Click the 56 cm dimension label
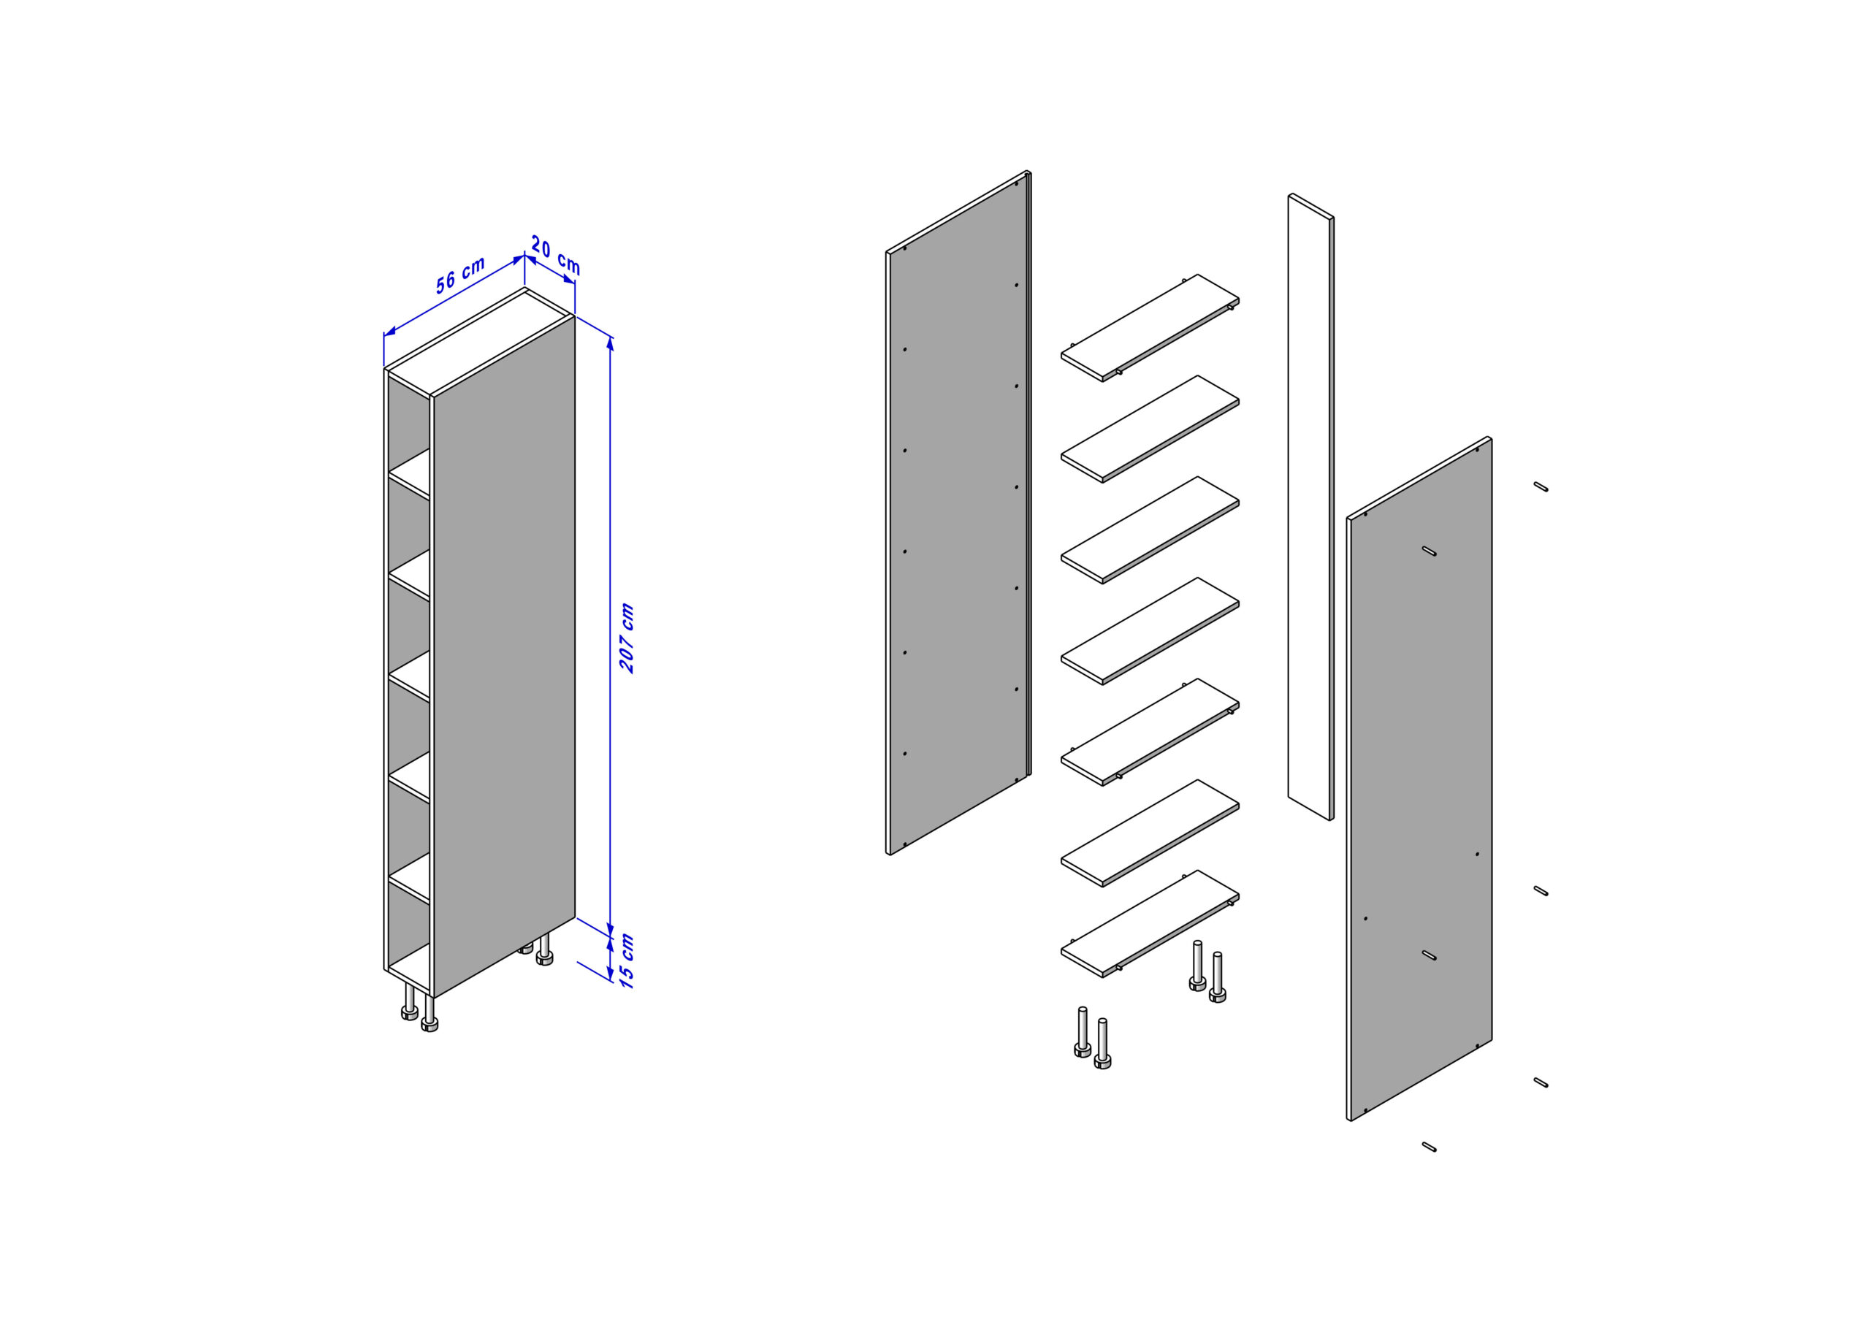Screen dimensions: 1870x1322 click(x=460, y=275)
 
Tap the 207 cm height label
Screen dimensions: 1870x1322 click(x=626, y=638)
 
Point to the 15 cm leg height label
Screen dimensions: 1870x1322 click(x=626, y=961)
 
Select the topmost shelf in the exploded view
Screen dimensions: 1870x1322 click(x=1150, y=327)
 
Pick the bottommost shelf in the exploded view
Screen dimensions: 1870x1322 click(x=1150, y=924)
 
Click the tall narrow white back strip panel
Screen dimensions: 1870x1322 click(x=1310, y=507)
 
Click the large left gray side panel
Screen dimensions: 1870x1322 click(x=958, y=513)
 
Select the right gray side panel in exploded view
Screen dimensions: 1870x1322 click(x=1419, y=779)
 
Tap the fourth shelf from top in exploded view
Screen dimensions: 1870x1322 click(x=1150, y=631)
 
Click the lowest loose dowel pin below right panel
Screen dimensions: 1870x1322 click(x=1429, y=1147)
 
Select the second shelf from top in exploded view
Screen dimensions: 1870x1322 click(x=1150, y=429)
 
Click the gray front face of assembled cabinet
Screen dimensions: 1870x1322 click(x=504, y=656)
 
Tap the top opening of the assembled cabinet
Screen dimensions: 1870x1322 click(x=480, y=342)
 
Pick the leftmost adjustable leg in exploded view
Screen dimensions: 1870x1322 click(x=1083, y=1032)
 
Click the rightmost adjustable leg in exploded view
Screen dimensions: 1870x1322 click(x=1217, y=977)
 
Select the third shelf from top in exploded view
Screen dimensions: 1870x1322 click(x=1150, y=530)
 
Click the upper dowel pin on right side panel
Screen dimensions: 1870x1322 click(x=1429, y=551)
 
